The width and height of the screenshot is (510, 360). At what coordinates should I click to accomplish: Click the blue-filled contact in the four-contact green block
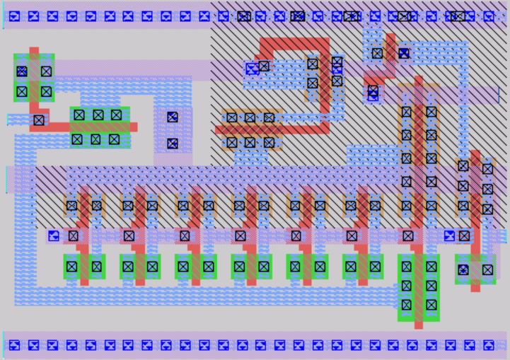tap(22, 71)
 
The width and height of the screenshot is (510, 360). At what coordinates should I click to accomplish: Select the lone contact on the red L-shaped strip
tap(39, 120)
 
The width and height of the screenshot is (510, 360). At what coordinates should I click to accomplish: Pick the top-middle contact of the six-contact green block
tap(98, 115)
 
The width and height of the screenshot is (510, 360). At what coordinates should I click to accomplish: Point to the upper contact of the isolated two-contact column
tap(172, 117)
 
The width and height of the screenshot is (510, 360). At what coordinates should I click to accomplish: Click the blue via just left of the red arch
tap(252, 69)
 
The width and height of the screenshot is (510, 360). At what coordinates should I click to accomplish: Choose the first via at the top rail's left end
tap(15, 16)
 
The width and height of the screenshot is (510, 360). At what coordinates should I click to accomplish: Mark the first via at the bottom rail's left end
tap(15, 345)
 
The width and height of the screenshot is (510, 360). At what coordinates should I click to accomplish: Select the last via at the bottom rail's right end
tap(489, 345)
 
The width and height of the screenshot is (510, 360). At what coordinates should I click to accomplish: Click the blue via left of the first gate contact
tap(54, 236)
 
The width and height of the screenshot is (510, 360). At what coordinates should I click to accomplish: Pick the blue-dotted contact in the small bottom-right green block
tap(463, 269)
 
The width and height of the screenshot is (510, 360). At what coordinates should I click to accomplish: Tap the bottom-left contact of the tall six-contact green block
tap(406, 305)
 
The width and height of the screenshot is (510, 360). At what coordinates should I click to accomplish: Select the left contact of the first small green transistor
tap(71, 267)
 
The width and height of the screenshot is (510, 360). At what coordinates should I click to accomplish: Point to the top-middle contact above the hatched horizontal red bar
tap(250, 117)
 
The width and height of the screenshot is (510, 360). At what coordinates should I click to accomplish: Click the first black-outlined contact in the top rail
tap(244, 16)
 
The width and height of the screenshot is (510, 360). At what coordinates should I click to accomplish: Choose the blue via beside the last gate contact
tap(449, 236)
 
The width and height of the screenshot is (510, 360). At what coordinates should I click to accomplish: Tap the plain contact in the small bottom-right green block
tap(487, 269)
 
